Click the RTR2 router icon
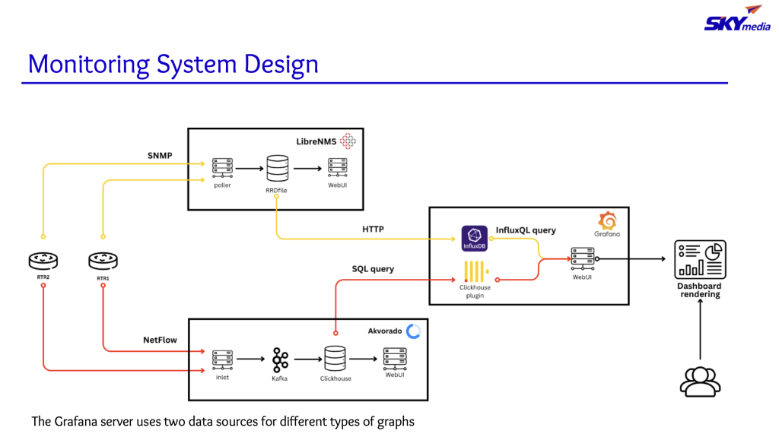(x=43, y=261)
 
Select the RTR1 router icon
(x=103, y=261)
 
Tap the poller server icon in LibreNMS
(x=222, y=166)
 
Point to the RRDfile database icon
(x=277, y=167)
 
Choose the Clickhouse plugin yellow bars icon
(x=475, y=271)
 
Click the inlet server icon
(x=222, y=359)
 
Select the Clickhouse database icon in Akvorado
(x=335, y=359)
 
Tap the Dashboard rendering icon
(x=700, y=259)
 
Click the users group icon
(x=699, y=381)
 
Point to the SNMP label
(x=160, y=156)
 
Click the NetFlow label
(x=160, y=340)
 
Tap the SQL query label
(x=373, y=269)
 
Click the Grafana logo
(x=608, y=221)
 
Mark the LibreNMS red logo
(x=348, y=141)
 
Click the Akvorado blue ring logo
(x=413, y=331)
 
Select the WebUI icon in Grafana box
(x=582, y=258)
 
